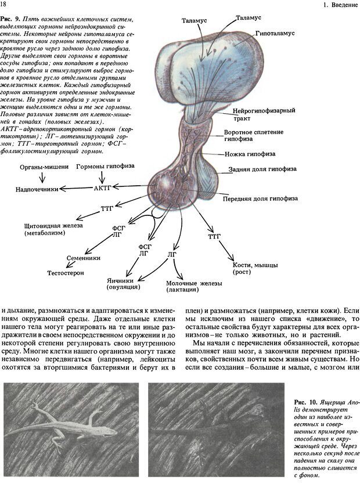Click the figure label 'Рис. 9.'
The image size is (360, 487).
pyautogui.click(x=14, y=21)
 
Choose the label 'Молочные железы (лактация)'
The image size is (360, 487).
pyautogui.click(x=185, y=286)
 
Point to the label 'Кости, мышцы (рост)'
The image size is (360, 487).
pyautogui.click(x=250, y=268)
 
